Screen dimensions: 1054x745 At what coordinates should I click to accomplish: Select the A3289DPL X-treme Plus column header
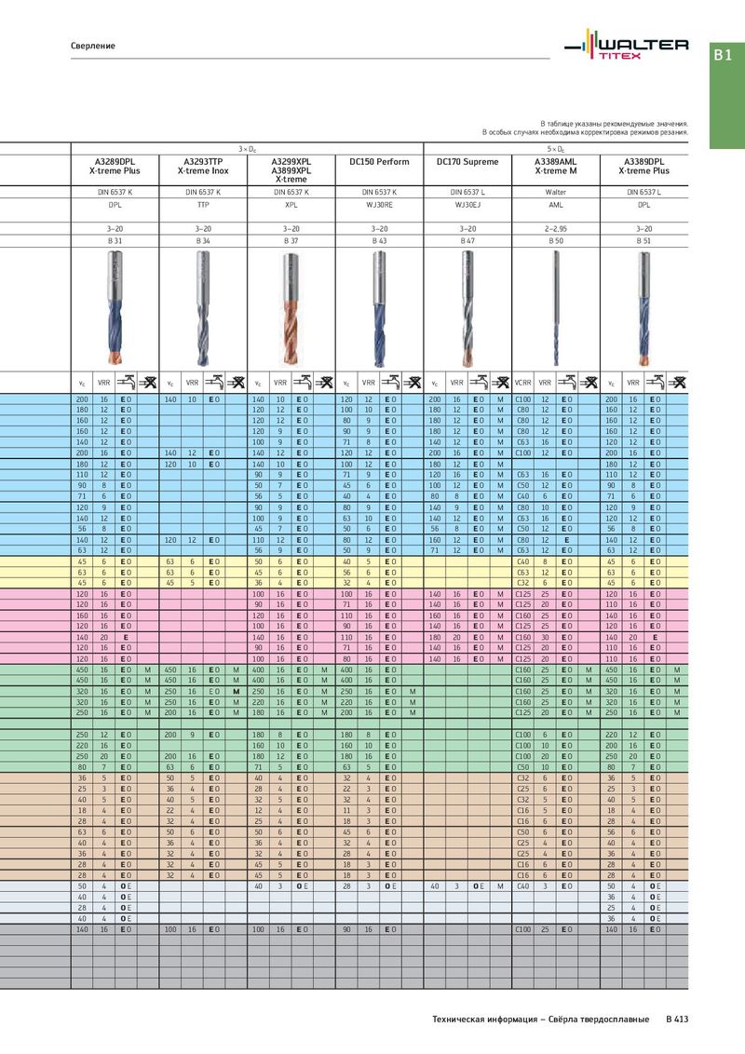click(x=115, y=167)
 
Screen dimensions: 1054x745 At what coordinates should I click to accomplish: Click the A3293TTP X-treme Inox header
click(x=203, y=167)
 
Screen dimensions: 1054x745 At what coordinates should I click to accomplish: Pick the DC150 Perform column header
click(x=379, y=162)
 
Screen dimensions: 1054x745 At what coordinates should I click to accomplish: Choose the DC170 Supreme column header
click(x=467, y=162)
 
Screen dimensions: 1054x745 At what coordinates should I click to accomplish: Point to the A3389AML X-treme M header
click(x=556, y=167)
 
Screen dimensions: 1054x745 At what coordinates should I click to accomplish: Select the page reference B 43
click(x=379, y=240)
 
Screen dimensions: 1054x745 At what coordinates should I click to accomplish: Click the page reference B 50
click(x=556, y=240)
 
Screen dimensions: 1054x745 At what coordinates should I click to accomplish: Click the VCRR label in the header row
click(x=523, y=382)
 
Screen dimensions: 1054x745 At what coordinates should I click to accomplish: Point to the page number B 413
click(x=677, y=1020)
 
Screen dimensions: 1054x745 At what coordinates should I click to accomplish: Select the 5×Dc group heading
click(x=556, y=148)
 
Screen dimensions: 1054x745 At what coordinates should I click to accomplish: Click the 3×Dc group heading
click(x=247, y=148)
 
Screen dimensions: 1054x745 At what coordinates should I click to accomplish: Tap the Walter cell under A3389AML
click(x=556, y=191)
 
